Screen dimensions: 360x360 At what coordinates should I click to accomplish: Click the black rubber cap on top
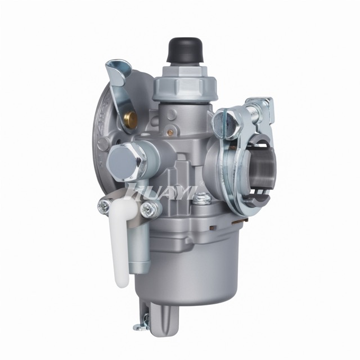tap(186, 50)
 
